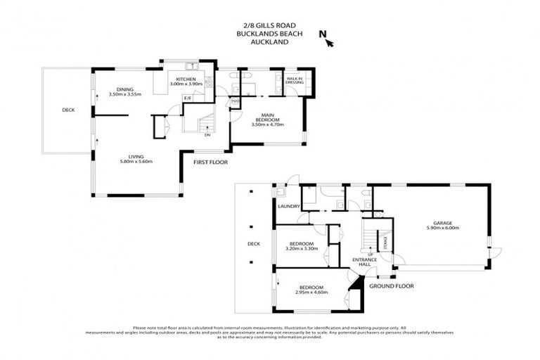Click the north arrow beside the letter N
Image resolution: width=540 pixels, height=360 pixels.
point(329,42)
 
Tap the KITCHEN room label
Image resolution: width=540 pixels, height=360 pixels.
point(186,79)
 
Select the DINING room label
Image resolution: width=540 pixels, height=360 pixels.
point(125,89)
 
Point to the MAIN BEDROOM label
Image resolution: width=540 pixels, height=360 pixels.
point(267,116)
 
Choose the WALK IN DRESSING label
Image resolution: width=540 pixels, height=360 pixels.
point(295,81)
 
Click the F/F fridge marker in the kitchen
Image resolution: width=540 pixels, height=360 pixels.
point(188,97)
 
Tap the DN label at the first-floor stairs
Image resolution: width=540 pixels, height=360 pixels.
point(207,136)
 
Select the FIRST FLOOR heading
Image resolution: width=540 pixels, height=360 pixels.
point(210,162)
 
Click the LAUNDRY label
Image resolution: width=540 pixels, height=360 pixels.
point(289,207)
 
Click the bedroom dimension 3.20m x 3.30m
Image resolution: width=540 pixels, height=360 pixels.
point(303,248)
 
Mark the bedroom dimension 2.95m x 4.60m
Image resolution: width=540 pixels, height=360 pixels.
point(311,292)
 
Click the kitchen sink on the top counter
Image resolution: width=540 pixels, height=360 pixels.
point(188,66)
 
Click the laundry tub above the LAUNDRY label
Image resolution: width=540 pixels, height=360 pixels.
point(281,191)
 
